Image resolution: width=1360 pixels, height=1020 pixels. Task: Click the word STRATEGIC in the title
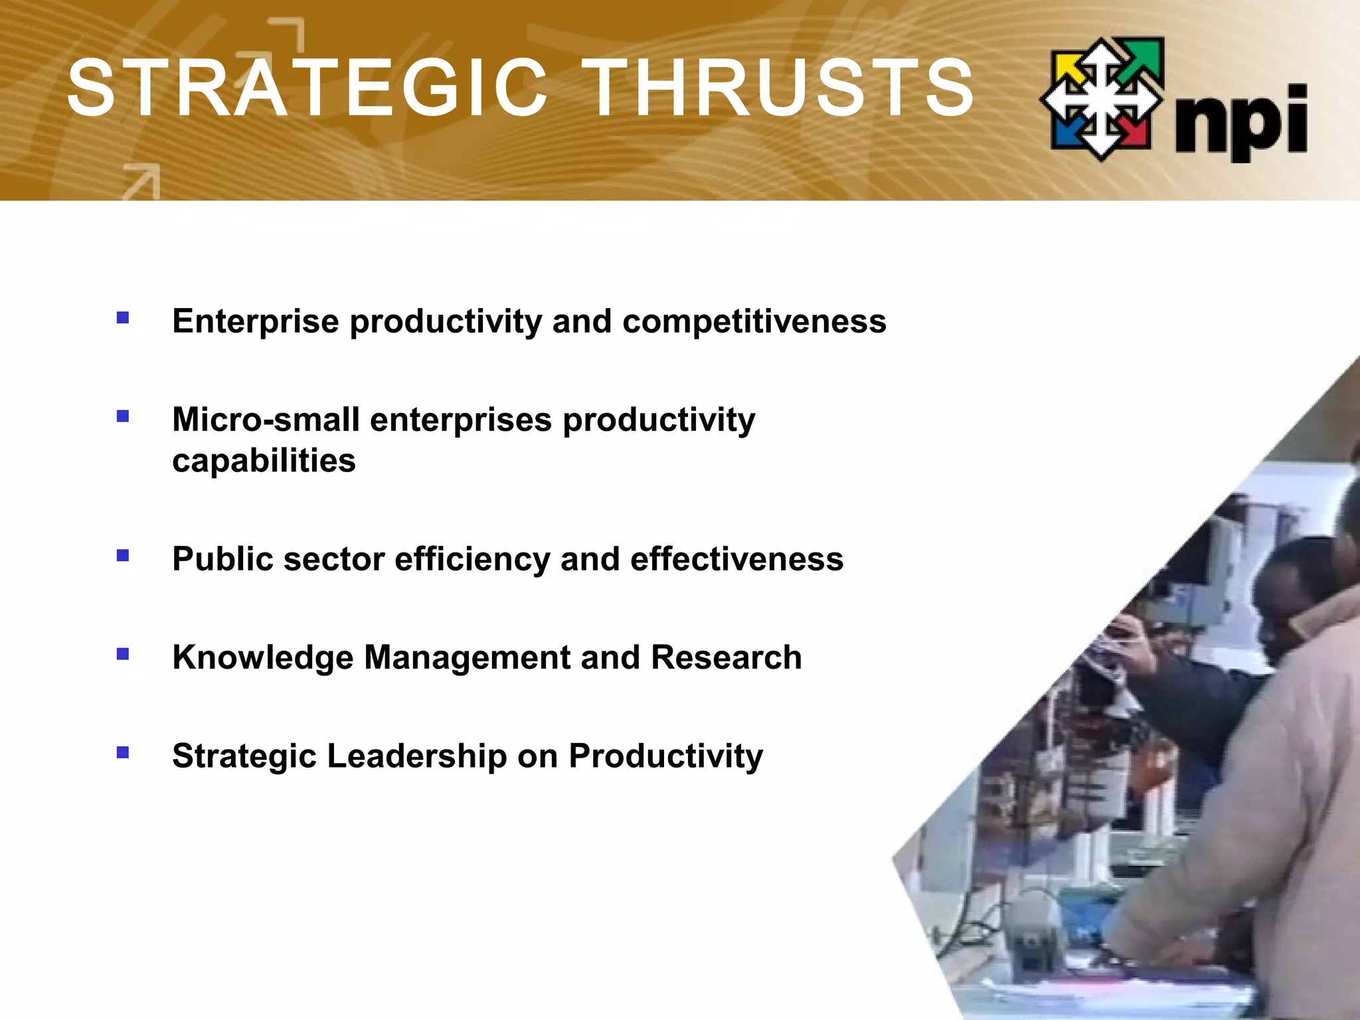click(x=307, y=88)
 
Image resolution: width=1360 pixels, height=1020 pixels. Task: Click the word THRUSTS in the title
click(x=782, y=88)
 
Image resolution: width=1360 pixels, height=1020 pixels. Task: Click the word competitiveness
click(x=754, y=321)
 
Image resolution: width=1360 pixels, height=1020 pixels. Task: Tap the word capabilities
click(x=264, y=461)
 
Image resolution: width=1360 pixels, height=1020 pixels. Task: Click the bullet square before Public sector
click(x=123, y=555)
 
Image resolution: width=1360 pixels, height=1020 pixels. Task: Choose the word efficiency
click(x=472, y=559)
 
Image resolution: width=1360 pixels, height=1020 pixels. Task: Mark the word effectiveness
click(x=736, y=559)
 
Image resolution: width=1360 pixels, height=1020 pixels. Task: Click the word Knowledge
click(x=262, y=657)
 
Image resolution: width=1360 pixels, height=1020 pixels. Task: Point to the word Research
click(x=726, y=657)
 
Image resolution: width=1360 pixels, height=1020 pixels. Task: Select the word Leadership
click(x=416, y=756)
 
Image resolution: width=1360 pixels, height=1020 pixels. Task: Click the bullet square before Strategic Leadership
click(x=123, y=752)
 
